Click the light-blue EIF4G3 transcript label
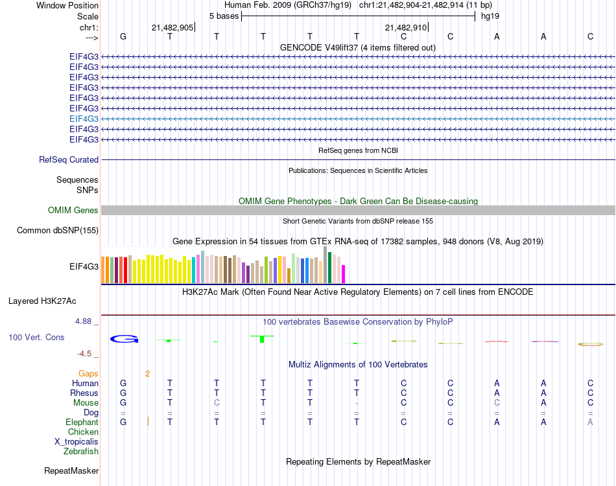[x=84, y=119]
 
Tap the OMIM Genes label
[x=73, y=210]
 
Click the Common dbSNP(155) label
[x=58, y=230]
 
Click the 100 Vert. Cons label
[x=36, y=338]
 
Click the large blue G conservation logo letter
[x=124, y=338]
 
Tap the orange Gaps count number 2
[x=148, y=373]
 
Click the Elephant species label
[x=82, y=422]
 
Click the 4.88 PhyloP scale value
[x=85, y=321]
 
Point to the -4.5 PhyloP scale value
[x=85, y=354]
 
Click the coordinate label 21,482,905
[x=172, y=28]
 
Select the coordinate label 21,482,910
[x=406, y=28]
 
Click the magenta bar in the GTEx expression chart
[x=343, y=273]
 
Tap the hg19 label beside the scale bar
[x=490, y=15]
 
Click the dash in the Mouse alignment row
[x=357, y=403]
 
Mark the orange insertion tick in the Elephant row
[x=148, y=422]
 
